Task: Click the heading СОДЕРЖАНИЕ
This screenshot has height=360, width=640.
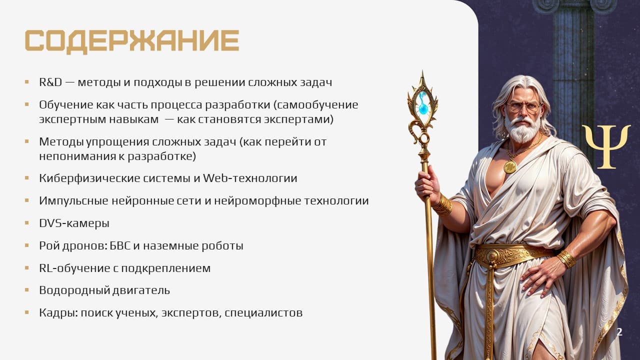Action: (x=132, y=41)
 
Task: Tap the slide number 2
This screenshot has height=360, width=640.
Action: (x=619, y=332)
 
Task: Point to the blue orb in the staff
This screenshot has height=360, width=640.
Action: (x=423, y=108)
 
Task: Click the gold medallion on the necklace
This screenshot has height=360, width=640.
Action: (x=510, y=166)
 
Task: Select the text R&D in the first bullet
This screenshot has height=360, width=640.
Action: (x=50, y=82)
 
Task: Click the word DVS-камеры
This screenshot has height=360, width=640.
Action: (x=74, y=223)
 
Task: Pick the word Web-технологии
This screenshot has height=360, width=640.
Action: (x=250, y=178)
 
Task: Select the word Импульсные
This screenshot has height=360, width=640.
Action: (x=73, y=201)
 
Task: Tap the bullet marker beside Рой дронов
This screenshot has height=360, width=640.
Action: (x=27, y=245)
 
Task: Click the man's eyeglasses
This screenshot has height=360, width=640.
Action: (x=524, y=107)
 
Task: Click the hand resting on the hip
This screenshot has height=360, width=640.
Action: (x=540, y=278)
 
